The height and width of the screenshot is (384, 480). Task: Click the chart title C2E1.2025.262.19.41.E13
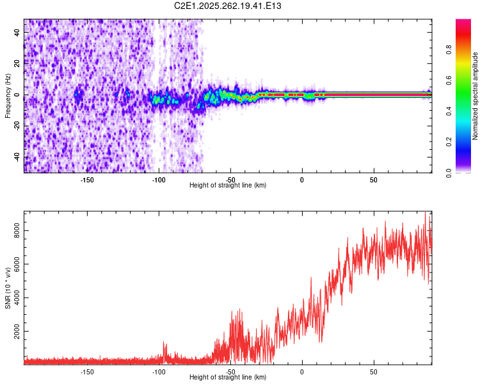click(x=228, y=6)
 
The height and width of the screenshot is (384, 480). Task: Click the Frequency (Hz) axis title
click(x=8, y=95)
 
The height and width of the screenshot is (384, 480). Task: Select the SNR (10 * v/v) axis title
click(x=8, y=289)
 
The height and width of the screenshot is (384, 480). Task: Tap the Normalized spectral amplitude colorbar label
click(x=476, y=96)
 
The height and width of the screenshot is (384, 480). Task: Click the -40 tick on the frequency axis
click(x=17, y=157)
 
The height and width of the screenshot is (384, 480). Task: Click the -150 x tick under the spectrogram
click(x=88, y=179)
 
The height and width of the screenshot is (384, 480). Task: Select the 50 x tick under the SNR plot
click(x=373, y=371)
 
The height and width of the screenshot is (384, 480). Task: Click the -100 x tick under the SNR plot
click(x=159, y=371)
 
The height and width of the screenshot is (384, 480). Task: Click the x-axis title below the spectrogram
click(x=228, y=186)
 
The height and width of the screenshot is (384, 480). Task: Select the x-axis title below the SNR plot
click(x=228, y=378)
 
